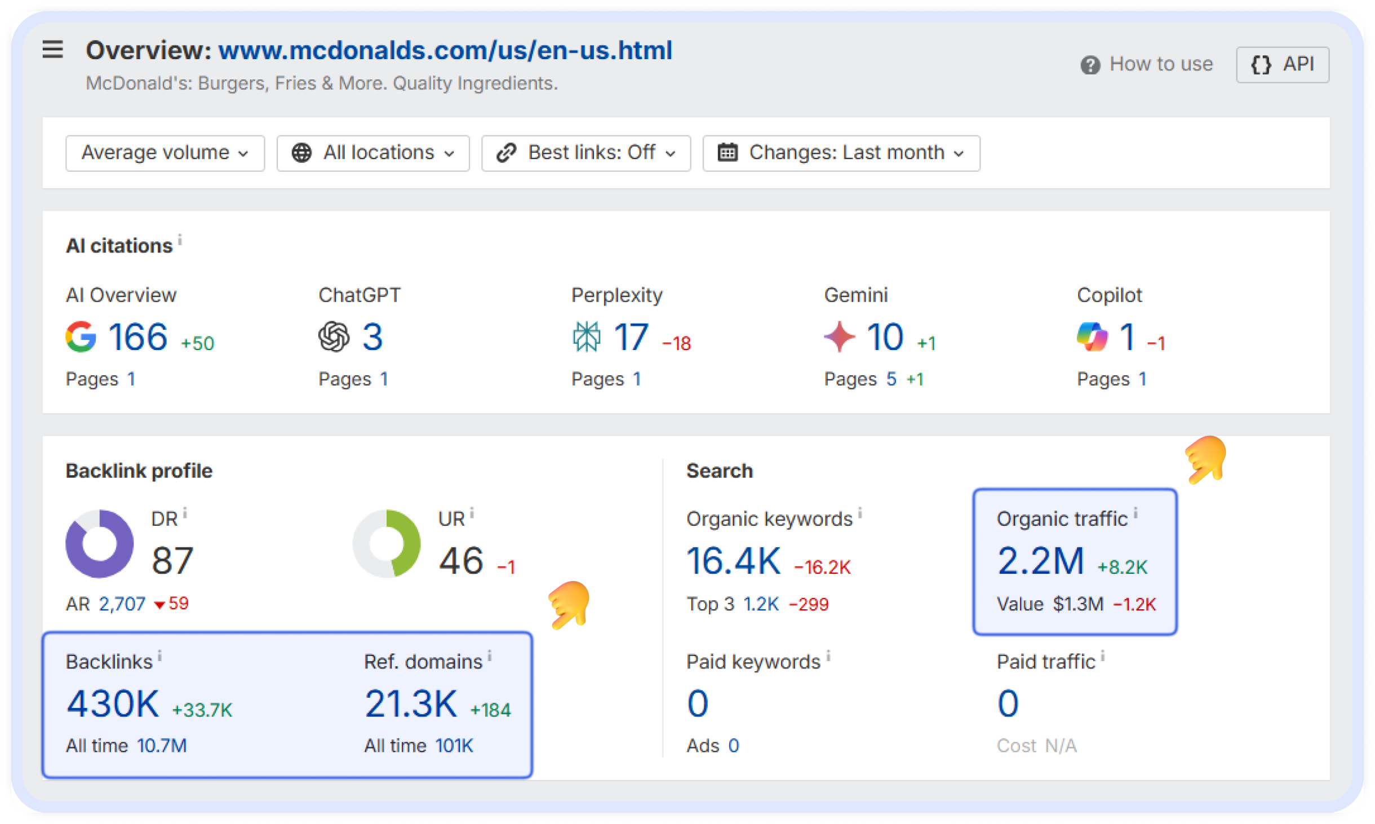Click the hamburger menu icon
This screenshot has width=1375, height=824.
(52, 50)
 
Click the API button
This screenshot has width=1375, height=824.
(1282, 65)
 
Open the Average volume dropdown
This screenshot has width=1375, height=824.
(165, 153)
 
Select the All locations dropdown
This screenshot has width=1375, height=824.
(372, 153)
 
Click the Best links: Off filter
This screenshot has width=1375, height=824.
(586, 153)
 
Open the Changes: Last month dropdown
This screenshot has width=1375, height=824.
(841, 153)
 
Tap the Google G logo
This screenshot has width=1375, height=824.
(81, 336)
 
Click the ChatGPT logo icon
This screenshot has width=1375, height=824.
(334, 336)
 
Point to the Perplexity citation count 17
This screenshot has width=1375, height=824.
(631, 337)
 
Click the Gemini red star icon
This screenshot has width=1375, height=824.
(840, 336)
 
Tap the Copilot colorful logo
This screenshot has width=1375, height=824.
(1092, 336)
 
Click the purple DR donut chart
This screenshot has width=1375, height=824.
(100, 543)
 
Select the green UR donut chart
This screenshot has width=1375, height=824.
(387, 543)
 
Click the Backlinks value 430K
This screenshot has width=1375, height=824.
(113, 704)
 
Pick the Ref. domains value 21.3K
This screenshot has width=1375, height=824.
(411, 704)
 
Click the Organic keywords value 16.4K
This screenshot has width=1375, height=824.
(733, 561)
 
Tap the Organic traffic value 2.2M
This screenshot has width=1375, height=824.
(1040, 561)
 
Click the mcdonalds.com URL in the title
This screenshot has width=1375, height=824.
(445, 50)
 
